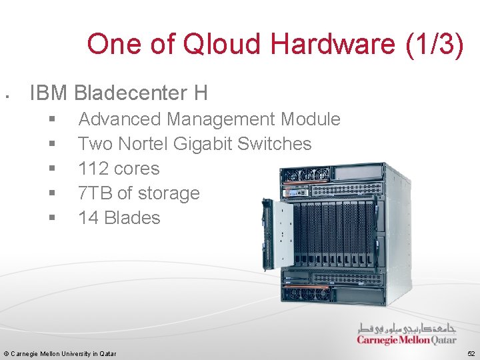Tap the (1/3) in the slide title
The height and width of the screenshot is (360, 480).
(434, 45)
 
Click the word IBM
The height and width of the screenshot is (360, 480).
(49, 93)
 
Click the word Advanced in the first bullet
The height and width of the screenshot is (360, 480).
(119, 119)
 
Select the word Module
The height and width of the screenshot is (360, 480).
(311, 119)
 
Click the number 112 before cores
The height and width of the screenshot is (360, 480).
(93, 169)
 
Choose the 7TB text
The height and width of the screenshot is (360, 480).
(95, 193)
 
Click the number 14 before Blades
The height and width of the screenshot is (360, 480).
(88, 218)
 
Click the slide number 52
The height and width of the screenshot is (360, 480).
(471, 353)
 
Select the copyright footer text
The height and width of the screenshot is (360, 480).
(60, 353)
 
